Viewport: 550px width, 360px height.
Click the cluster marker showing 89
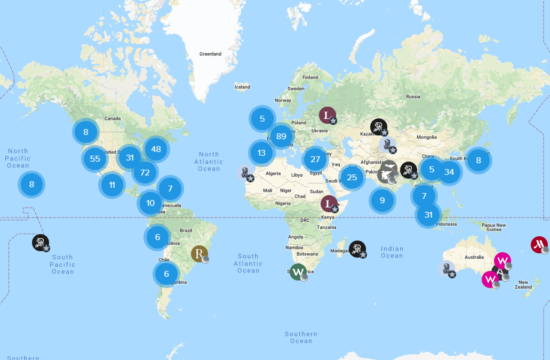[281, 136]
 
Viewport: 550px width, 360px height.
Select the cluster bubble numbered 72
[145, 172]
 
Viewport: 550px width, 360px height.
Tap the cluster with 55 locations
[95, 158]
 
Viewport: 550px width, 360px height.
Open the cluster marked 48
[156, 149]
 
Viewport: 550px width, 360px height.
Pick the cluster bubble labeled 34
[449, 172]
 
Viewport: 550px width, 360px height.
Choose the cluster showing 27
[315, 159]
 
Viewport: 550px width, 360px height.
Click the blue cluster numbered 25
[352, 177]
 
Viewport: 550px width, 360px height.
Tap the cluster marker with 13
[261, 153]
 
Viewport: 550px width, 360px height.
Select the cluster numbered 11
[112, 185]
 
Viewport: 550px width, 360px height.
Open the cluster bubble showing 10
[150, 203]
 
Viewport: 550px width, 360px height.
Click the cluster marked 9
[382, 200]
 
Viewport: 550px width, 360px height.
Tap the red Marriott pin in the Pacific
[539, 245]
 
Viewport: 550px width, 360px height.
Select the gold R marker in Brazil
[200, 253]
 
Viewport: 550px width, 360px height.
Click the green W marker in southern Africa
[298, 271]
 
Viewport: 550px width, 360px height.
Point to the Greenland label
[210, 54]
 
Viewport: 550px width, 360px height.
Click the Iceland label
[242, 87]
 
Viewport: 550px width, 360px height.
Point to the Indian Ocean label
[392, 252]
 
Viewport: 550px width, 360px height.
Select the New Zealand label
[523, 284]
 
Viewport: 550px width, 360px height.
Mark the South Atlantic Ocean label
[249, 263]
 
